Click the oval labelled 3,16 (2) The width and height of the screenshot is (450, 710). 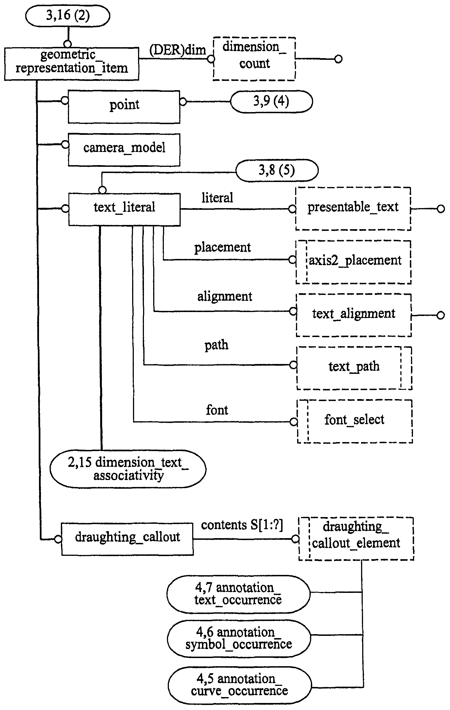point(68,16)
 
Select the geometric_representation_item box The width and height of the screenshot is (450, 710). point(72,64)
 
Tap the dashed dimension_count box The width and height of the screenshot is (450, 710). point(254,59)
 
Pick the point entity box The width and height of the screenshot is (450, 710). point(124,107)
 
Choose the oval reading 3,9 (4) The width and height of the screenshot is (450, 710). point(271,102)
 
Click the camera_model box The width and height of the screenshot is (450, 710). point(124,150)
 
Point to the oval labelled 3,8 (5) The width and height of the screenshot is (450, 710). point(277,170)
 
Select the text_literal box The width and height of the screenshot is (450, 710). point(124,209)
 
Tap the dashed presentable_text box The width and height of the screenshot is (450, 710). point(353,208)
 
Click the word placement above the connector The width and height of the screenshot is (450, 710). point(222,247)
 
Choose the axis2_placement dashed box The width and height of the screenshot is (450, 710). point(354,262)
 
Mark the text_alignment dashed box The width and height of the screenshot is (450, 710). point(354,315)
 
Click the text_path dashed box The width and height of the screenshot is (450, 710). point(354,368)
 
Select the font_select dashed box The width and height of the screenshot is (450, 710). point(355,421)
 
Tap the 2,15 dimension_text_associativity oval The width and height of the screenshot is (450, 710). point(128,468)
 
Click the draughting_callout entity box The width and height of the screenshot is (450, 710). point(127,539)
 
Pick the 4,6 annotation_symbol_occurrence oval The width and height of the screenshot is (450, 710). point(239,638)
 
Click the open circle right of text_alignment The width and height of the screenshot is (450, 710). point(440,315)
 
